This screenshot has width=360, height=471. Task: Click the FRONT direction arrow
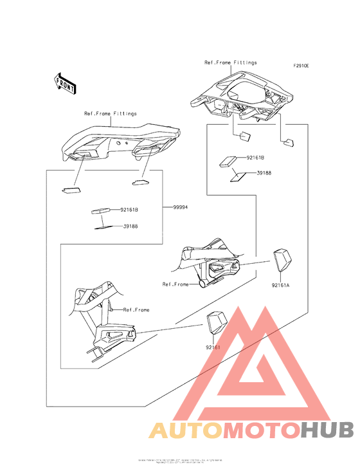tap(65, 82)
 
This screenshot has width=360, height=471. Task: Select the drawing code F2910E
tap(301, 66)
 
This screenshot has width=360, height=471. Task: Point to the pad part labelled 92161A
tap(280, 260)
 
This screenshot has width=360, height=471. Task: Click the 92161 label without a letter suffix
tap(213, 347)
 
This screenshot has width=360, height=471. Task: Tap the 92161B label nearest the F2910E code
tap(255, 157)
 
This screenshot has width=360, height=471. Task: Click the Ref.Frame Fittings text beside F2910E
tap(230, 62)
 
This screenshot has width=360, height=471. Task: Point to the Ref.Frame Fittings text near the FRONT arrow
tap(111, 114)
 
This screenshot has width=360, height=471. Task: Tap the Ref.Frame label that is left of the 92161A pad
tap(175, 284)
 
